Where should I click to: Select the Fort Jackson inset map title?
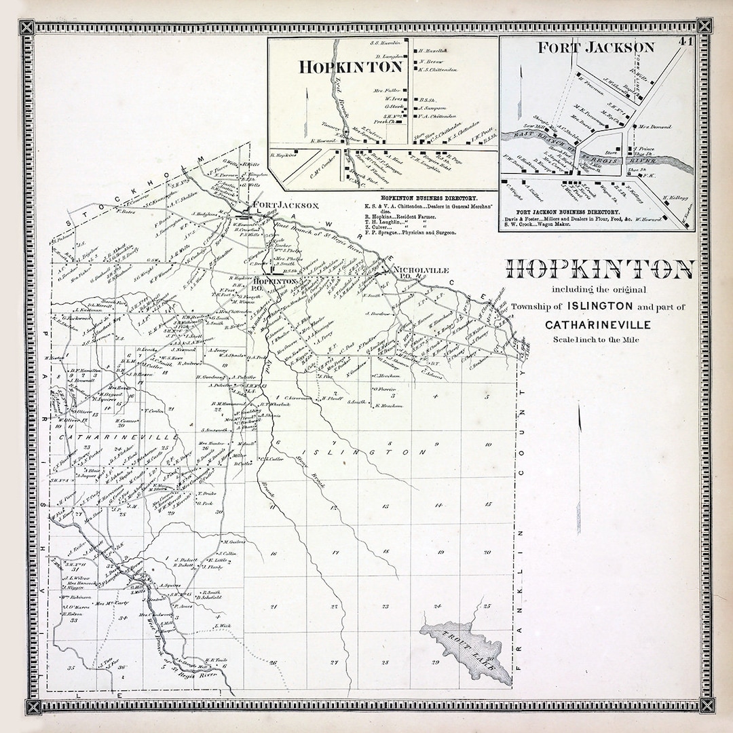(x=596, y=48)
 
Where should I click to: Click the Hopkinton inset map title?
(x=352, y=67)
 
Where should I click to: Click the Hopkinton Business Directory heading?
(x=426, y=197)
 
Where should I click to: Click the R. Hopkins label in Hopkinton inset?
(x=281, y=155)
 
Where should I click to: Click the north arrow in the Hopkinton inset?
(x=307, y=109)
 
